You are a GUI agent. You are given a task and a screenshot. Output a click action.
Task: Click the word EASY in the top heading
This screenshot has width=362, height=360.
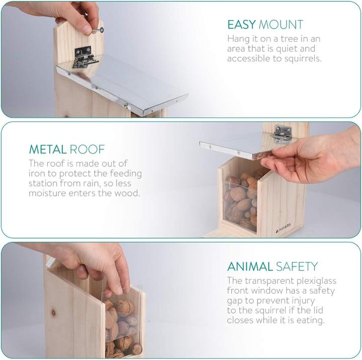[x=241, y=25]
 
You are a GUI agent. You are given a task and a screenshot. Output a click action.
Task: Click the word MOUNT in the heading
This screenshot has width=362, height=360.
[x=281, y=25]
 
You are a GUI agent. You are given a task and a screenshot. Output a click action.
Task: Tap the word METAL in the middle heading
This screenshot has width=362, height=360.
[x=48, y=149]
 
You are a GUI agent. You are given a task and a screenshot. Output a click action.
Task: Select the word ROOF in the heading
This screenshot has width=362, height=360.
[x=87, y=149]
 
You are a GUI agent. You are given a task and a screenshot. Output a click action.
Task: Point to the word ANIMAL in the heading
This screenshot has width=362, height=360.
[x=250, y=266]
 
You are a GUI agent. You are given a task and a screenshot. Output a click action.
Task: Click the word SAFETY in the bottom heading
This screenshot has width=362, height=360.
[x=297, y=266]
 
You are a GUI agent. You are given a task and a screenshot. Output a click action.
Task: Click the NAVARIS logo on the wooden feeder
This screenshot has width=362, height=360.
[x=284, y=228]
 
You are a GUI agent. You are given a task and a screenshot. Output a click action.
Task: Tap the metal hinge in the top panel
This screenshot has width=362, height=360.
[x=84, y=57]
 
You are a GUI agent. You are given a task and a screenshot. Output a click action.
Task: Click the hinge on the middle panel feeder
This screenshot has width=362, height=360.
[x=282, y=135]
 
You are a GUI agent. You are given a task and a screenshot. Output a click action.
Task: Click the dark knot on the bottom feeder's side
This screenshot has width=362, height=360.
[x=53, y=313]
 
